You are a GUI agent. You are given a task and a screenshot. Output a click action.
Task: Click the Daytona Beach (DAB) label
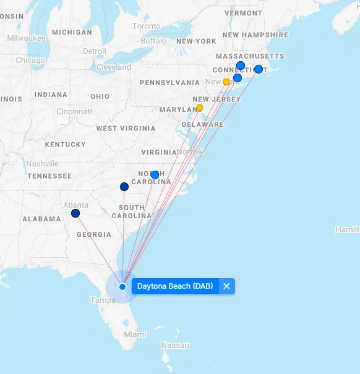coord(175,286)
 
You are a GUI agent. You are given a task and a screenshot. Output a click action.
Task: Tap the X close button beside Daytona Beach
coord(226,286)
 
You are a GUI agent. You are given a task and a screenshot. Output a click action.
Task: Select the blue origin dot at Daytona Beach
coord(122,286)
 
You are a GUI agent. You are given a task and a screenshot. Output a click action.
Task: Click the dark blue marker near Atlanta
coord(75,213)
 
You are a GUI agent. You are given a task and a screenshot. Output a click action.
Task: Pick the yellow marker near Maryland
coord(199,108)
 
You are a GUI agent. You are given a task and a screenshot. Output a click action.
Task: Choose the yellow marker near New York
coord(226,82)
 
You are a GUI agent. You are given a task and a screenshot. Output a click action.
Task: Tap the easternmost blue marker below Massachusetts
coord(259,69)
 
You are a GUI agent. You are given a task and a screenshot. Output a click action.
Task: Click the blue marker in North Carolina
coord(155,175)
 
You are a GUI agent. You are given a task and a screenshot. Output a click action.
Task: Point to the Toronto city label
coord(147,27)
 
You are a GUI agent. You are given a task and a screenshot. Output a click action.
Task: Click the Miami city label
coord(135,334)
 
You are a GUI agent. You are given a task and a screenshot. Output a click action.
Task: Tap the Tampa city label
coord(103,300)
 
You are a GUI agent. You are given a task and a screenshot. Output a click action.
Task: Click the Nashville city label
coord(43,164)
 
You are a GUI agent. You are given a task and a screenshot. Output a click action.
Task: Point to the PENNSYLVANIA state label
coord(169,82)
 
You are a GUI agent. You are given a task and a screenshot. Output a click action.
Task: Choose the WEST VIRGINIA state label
coord(126,129)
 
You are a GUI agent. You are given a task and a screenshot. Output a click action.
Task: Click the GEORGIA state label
coord(94,235)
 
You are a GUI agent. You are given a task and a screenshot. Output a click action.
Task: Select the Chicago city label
coord(30,61)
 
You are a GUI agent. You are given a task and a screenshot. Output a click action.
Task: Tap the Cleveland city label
coord(114,67)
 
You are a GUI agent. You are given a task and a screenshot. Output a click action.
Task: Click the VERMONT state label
coord(243,13)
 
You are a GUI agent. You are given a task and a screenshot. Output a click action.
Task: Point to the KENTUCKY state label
coord(66,145)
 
